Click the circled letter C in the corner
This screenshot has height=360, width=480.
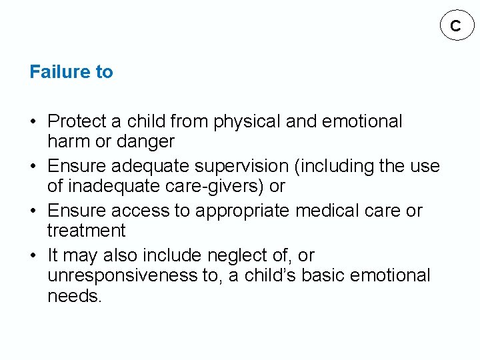pos(455,26)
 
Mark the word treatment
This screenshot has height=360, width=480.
pos(86,231)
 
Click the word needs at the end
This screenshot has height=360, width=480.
pos(75,295)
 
